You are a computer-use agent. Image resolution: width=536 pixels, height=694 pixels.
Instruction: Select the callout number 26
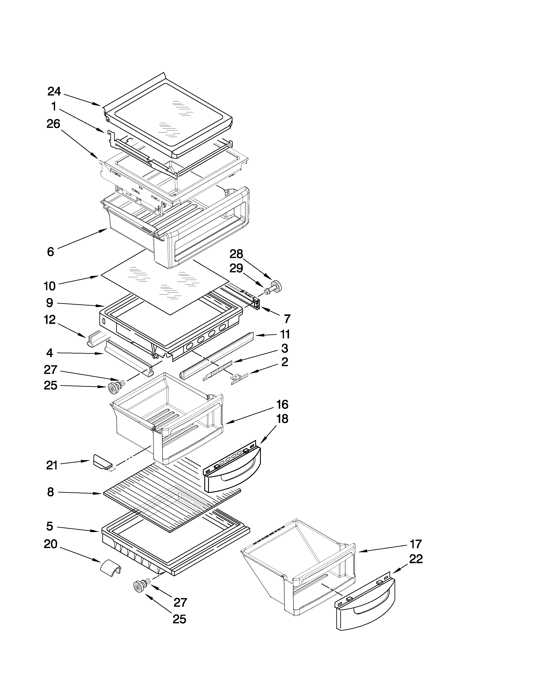53,124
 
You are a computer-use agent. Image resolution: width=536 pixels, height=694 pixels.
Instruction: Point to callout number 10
50,286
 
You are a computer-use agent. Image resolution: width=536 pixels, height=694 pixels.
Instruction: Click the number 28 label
236,254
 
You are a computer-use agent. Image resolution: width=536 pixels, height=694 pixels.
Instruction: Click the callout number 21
51,466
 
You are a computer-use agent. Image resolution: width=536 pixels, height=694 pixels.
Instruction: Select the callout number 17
415,544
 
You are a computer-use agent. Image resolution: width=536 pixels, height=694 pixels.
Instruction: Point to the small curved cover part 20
110,571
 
